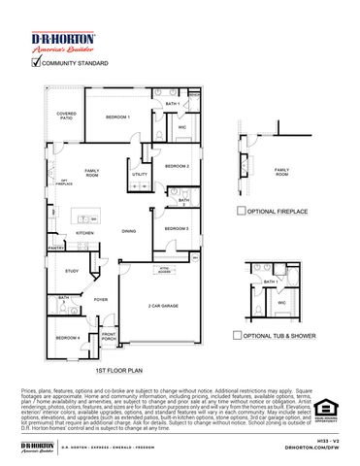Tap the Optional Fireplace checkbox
(242, 210)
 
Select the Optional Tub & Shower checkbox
(238, 335)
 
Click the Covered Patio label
(66, 116)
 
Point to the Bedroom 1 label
(117, 116)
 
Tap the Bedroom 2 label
(176, 166)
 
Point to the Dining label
(128, 231)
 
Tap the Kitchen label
(85, 233)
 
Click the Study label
(72, 271)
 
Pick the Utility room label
(140, 174)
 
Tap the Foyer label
(100, 300)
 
